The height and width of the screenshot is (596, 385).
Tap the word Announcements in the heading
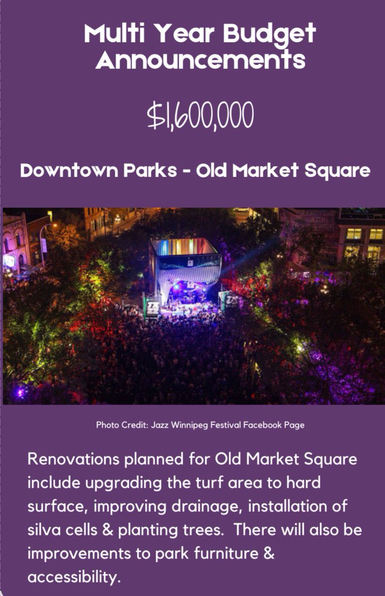[200, 60]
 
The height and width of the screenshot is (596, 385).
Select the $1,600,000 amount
[200, 115]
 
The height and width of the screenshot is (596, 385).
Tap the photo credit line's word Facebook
[264, 425]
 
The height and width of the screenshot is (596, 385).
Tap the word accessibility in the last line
[74, 578]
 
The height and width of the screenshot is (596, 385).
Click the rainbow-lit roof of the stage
[185, 246]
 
